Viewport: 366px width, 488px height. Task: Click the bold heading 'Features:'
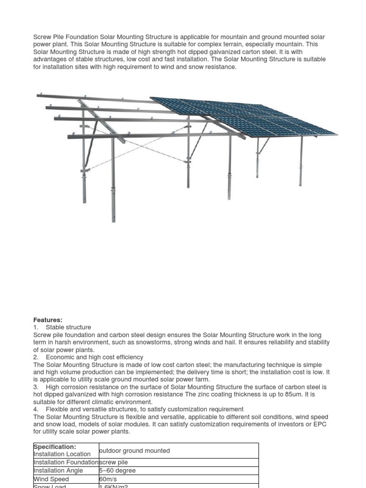pyautogui.click(x=48, y=320)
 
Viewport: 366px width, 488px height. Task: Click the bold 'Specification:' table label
pyautogui.click(x=55, y=447)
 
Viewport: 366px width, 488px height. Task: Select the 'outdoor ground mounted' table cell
pyautogui.click(x=134, y=451)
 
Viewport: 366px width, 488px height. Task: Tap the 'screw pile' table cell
pyautogui.click(x=113, y=462)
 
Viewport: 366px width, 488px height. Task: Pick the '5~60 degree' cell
pyautogui.click(x=117, y=471)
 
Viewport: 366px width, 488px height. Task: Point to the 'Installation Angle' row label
pyautogui.click(x=58, y=471)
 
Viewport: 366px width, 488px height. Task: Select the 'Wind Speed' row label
pyautogui.click(x=51, y=479)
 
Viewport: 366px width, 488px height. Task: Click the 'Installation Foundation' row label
pyautogui.click(x=66, y=462)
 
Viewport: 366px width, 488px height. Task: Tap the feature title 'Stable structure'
pyautogui.click(x=68, y=327)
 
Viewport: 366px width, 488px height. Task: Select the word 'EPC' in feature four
pyautogui.click(x=320, y=425)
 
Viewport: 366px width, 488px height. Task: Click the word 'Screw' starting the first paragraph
pyautogui.click(x=42, y=37)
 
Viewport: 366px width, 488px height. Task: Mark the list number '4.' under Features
pyautogui.click(x=36, y=409)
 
